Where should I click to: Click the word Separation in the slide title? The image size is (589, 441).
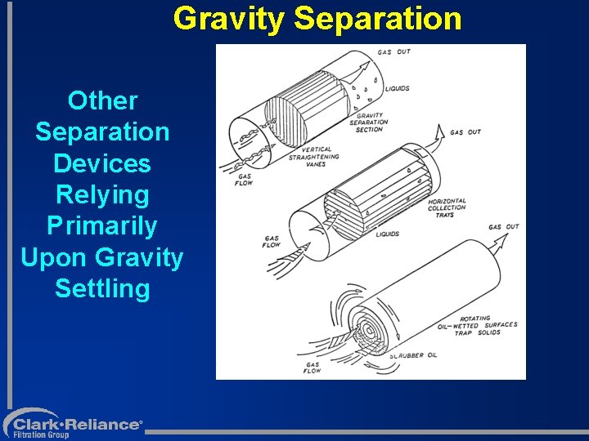click(x=378, y=18)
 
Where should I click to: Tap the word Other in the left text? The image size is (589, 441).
click(x=102, y=101)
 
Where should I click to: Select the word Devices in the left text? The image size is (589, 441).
click(x=102, y=163)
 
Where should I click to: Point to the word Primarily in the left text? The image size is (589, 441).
click(x=102, y=225)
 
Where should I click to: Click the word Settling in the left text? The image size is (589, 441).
click(x=102, y=288)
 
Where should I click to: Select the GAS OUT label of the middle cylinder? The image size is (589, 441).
click(x=465, y=131)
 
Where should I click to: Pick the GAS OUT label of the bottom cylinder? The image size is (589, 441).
click(x=503, y=227)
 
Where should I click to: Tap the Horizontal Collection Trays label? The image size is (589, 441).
click(x=447, y=207)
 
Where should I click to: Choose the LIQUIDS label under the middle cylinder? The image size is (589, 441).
click(x=387, y=234)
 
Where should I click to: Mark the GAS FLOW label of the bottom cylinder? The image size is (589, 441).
click(x=312, y=367)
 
